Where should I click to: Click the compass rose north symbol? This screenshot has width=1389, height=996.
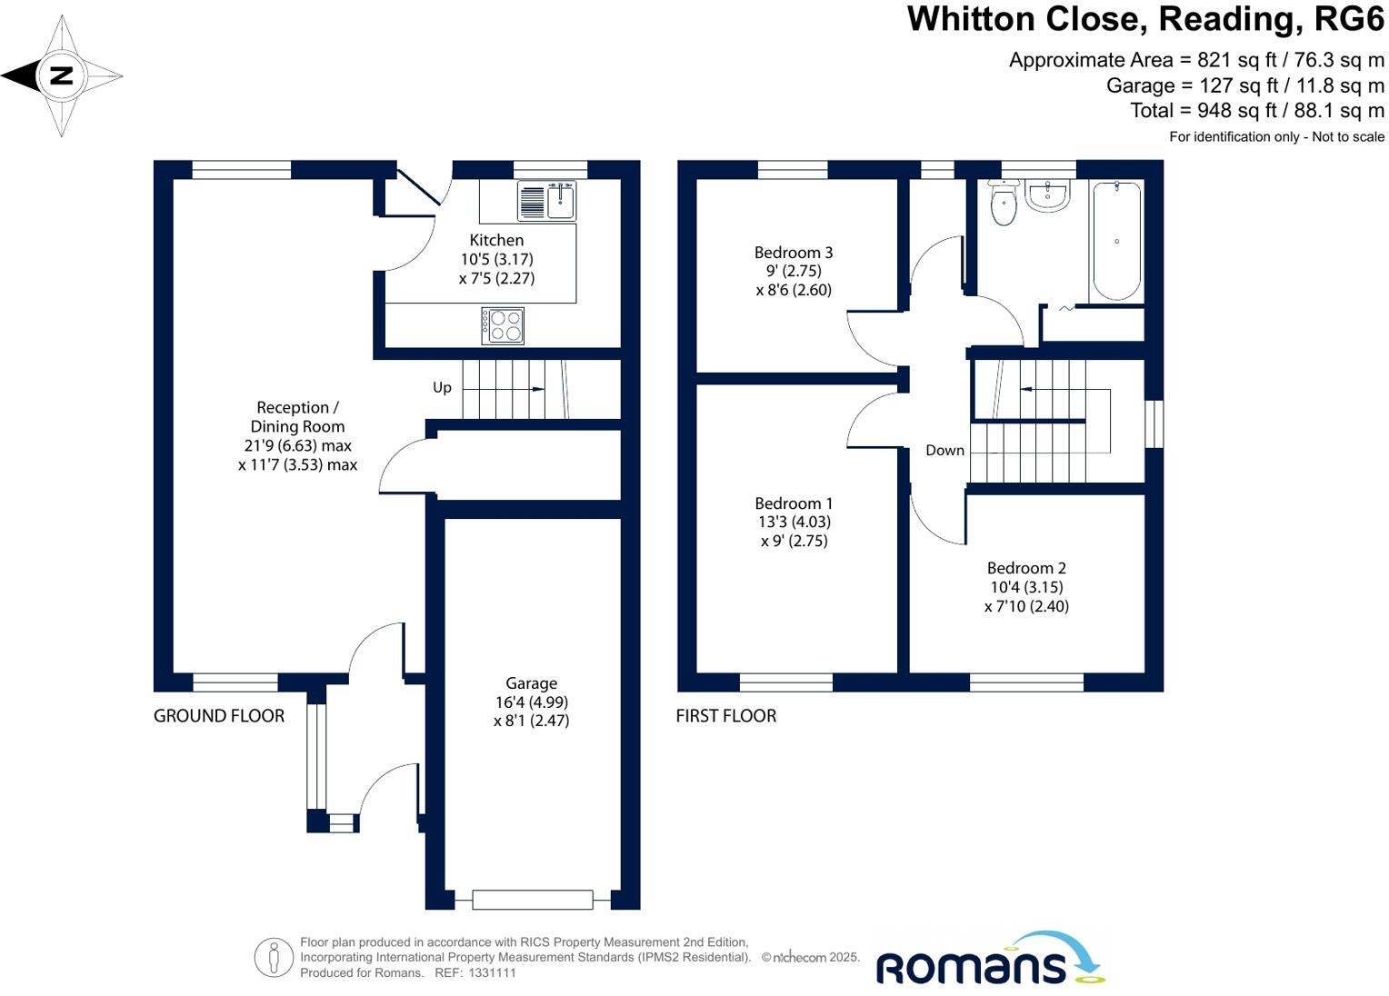(x=61, y=75)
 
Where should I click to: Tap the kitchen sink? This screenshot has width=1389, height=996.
(x=547, y=201)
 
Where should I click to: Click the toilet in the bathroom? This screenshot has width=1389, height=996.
(x=1004, y=202)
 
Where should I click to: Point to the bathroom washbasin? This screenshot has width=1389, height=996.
(x=1048, y=195)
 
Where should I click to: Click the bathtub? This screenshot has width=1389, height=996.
(x=1116, y=241)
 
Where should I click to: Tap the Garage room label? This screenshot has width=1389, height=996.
(x=532, y=683)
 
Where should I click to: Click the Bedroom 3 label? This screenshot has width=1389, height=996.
(x=794, y=253)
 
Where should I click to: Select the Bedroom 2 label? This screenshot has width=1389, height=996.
(x=1026, y=568)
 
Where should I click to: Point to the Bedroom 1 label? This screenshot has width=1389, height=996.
(x=794, y=503)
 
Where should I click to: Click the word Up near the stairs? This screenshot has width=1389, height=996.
(x=442, y=387)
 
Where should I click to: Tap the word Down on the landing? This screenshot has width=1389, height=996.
(x=944, y=450)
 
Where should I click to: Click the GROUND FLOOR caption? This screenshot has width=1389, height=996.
(x=219, y=716)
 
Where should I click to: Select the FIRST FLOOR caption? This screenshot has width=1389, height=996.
(x=726, y=716)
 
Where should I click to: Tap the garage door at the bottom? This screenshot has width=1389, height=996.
(x=532, y=900)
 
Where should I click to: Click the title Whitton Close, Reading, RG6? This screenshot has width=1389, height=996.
(x=1145, y=19)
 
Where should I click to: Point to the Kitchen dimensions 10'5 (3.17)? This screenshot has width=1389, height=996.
(x=496, y=259)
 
